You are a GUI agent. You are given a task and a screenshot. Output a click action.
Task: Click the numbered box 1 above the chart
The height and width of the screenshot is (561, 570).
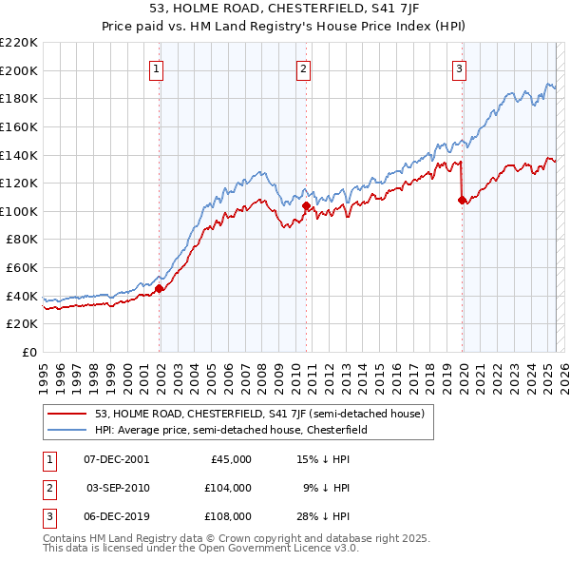(x=155, y=68)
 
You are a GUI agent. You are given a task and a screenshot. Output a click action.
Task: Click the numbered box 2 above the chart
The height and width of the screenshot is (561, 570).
(x=302, y=68)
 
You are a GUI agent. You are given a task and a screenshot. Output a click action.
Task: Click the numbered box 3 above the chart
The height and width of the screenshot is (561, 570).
(x=459, y=68)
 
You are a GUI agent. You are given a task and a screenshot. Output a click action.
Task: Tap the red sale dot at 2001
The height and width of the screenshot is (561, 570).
(x=160, y=289)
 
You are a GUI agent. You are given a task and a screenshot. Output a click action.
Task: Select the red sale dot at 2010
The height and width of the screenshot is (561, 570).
(x=306, y=205)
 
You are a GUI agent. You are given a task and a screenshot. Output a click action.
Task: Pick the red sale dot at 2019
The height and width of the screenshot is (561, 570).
(x=462, y=200)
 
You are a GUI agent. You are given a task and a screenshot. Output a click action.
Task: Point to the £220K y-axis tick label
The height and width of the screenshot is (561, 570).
(x=19, y=42)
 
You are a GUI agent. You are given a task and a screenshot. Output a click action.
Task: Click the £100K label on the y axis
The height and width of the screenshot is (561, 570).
(x=19, y=211)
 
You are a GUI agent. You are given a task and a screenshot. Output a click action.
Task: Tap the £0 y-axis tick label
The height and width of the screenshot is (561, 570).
(x=28, y=352)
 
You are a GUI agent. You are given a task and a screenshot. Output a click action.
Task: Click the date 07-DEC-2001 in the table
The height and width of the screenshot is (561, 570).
(x=116, y=458)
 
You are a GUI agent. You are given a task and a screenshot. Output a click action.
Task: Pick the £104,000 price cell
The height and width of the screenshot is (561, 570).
(x=229, y=488)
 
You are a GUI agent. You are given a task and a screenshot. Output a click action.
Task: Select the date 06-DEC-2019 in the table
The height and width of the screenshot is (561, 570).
(x=116, y=517)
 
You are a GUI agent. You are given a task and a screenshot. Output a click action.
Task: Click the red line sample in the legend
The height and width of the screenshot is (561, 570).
(x=67, y=414)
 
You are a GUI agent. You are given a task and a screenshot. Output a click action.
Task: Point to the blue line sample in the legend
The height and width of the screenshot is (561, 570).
(x=67, y=430)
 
